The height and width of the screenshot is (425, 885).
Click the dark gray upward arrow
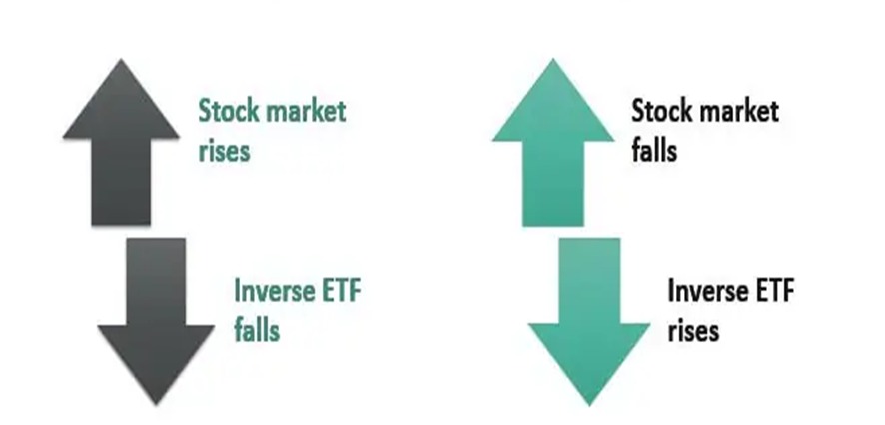pyautogui.click(x=121, y=144)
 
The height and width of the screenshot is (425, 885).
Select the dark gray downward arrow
pyautogui.click(x=156, y=321)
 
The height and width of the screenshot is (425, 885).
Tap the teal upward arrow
pyautogui.click(x=553, y=144)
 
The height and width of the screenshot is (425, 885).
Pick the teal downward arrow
pyautogui.click(x=589, y=321)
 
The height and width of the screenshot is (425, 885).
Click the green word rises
pyautogui.click(x=224, y=151)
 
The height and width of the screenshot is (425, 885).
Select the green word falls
pyautogui.click(x=257, y=329)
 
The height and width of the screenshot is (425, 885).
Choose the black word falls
pyautogui.click(x=654, y=150)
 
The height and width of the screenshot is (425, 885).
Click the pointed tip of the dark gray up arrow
pyautogui.click(x=121, y=59)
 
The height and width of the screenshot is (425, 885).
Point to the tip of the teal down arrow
pyautogui.click(x=589, y=405)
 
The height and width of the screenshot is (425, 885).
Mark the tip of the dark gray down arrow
pyautogui.click(x=156, y=405)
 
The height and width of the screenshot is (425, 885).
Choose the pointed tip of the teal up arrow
pyautogui.click(x=553, y=59)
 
